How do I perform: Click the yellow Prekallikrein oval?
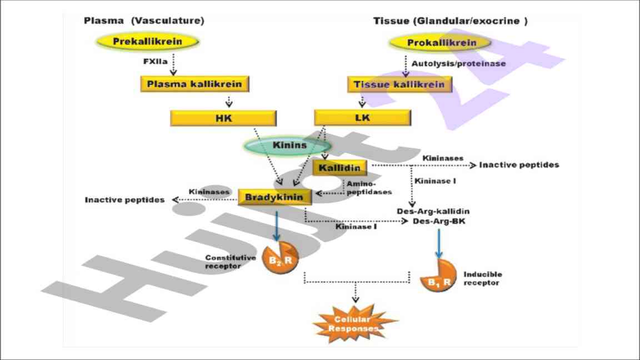[x=148, y=41]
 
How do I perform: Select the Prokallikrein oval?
[x=441, y=43]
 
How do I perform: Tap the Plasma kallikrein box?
[x=194, y=84]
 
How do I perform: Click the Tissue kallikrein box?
[x=399, y=84]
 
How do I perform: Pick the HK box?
[x=223, y=118]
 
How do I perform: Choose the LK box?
[x=362, y=118]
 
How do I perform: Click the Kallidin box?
[x=340, y=167]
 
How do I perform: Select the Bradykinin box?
[x=274, y=197]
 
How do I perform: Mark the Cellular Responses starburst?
[x=356, y=323]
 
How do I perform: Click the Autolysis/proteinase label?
[x=458, y=63]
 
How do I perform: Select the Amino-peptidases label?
[x=369, y=187]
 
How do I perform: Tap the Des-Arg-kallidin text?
[x=433, y=211]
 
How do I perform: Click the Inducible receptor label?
[x=482, y=278]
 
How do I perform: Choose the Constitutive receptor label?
[x=230, y=262]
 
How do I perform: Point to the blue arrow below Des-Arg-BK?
[x=439, y=243]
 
